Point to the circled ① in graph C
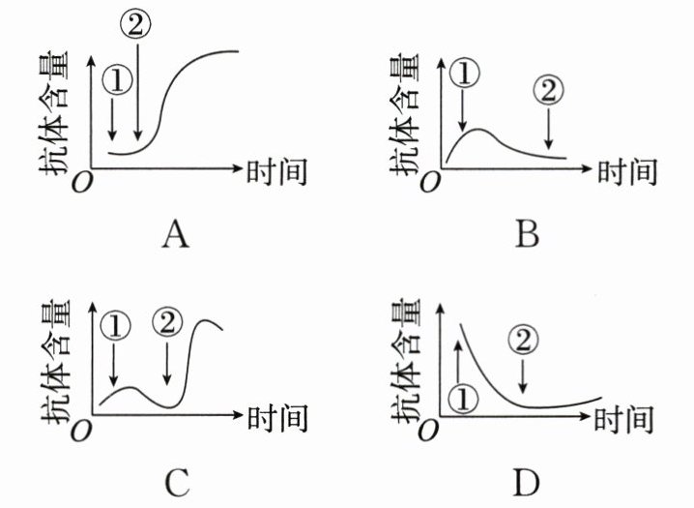tap(114, 327)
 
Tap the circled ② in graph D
tap(523, 341)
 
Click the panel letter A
tap(174, 234)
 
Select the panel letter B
tap(527, 234)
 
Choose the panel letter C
tap(175, 481)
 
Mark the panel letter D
tap(526, 481)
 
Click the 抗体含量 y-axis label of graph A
tap(54, 117)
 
